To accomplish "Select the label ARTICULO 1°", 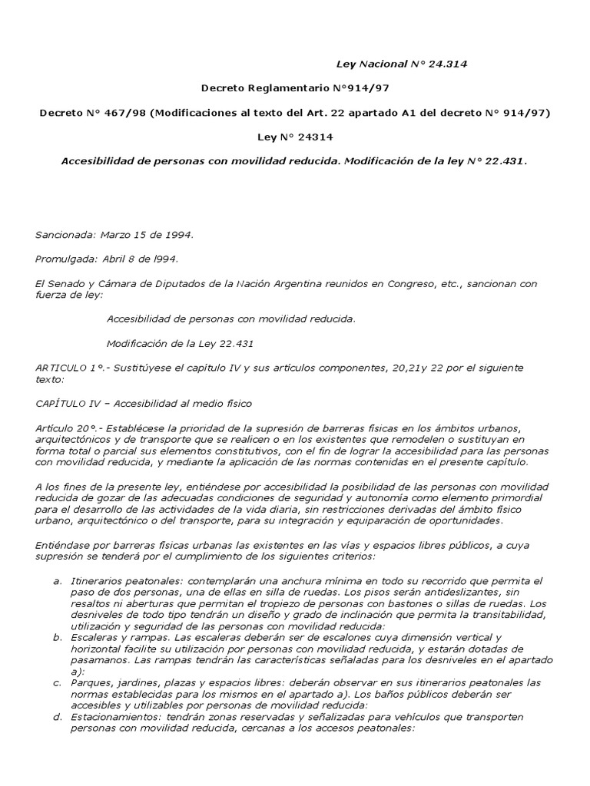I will pos(70,368).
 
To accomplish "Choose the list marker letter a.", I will pos(56,581).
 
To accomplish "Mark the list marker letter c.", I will pos(56,682).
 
